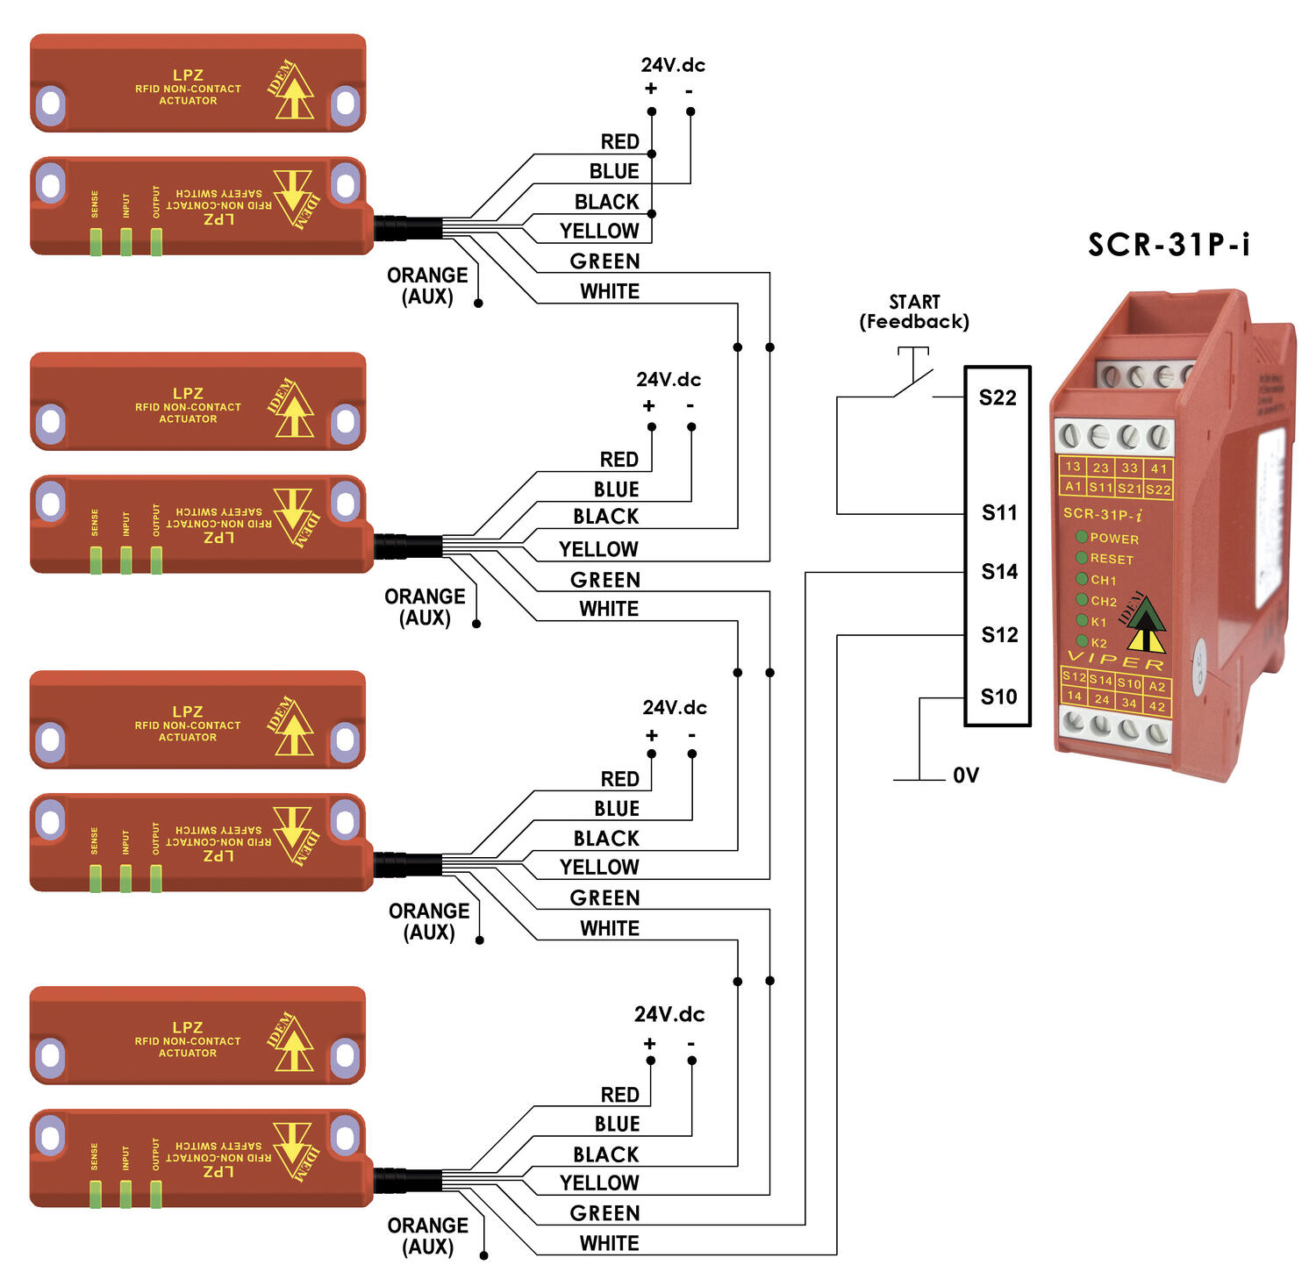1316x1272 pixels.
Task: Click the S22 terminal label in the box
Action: point(998,397)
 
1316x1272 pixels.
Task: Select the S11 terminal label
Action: point(999,513)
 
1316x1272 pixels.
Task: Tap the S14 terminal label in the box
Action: point(999,572)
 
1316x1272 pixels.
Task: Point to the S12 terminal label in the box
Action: point(999,635)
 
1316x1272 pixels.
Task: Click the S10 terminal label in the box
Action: point(998,697)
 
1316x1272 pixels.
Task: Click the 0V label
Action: point(965,775)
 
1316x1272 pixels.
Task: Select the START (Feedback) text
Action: point(914,312)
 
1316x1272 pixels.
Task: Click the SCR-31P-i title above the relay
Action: point(1169,244)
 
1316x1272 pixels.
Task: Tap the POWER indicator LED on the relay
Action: point(1082,537)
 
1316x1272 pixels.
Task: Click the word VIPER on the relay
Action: point(1115,661)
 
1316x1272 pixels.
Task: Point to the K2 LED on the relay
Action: point(1083,641)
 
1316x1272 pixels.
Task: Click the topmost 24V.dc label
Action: point(673,65)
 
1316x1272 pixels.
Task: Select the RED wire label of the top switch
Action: point(619,142)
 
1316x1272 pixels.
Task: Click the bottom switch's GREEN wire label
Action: point(604,1213)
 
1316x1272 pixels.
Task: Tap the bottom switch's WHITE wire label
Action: point(609,1243)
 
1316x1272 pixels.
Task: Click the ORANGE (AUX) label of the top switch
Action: point(427,286)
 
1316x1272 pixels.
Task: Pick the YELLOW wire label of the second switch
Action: point(598,549)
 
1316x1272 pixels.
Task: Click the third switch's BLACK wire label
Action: point(606,838)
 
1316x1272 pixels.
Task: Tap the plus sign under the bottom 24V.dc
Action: point(649,1044)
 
